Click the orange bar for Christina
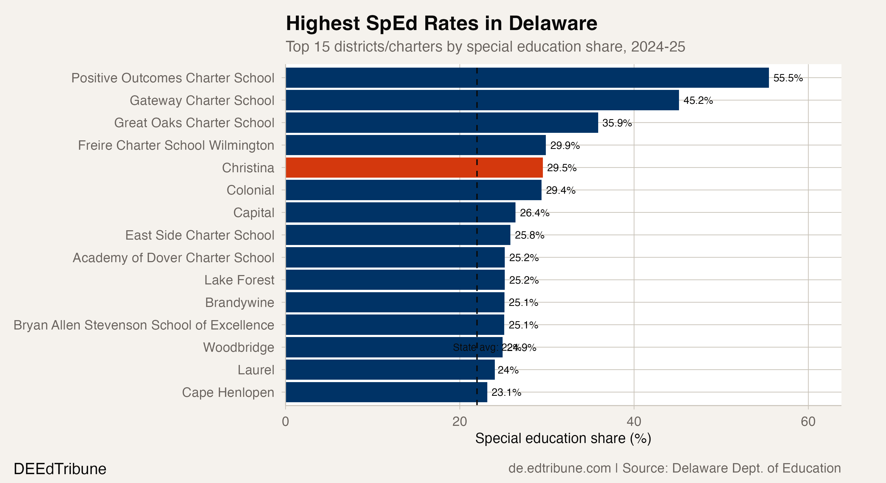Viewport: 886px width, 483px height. click(x=414, y=168)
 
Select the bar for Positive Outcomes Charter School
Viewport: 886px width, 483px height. click(x=527, y=78)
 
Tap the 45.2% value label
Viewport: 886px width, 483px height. click(x=698, y=100)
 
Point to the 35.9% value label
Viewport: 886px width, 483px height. click(x=617, y=123)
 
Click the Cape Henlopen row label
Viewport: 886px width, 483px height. click(x=228, y=392)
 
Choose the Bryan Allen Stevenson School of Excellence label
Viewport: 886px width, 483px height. click(x=144, y=325)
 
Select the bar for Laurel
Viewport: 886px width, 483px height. click(x=390, y=370)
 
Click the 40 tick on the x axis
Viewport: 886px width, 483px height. click(x=634, y=422)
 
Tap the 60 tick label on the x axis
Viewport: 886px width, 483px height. click(x=808, y=422)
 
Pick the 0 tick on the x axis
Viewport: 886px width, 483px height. click(x=285, y=422)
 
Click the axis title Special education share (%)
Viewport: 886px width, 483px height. click(x=563, y=439)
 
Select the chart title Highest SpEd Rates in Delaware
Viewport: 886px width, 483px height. click(x=441, y=23)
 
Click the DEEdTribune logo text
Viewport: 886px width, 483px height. click(x=60, y=469)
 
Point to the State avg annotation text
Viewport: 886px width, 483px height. click(x=476, y=347)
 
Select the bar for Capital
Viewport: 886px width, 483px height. click(x=400, y=213)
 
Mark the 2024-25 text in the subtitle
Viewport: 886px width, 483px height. click(x=658, y=47)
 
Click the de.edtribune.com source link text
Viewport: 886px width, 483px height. click(x=559, y=468)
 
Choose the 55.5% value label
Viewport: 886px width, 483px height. click(x=788, y=78)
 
